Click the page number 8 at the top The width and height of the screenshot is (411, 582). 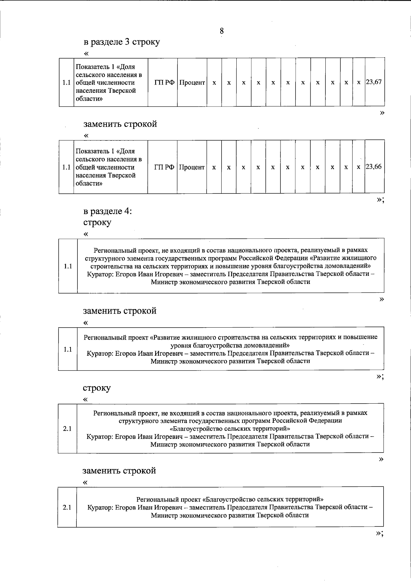pos(222,31)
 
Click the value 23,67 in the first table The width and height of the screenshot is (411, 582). pos(374,83)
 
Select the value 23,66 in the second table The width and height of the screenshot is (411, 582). pos(374,167)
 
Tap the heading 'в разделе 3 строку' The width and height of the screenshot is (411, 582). pos(122,42)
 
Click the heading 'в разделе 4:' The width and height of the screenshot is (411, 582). pos(108,211)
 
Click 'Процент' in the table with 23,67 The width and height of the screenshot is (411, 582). pos(192,83)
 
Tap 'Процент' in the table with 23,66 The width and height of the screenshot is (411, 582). pos(192,167)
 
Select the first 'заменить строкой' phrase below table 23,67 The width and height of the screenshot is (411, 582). pos(120,124)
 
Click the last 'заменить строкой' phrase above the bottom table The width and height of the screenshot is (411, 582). pos(119,470)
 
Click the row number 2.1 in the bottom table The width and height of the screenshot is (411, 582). pos(67,507)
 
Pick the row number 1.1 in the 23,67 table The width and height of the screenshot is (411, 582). pos(66,83)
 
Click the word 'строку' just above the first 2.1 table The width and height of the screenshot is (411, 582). pos(97,388)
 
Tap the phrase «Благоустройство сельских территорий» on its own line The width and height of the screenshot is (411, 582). pos(230,429)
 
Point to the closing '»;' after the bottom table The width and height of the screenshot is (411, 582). pos(379,533)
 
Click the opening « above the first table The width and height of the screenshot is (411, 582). pos(86,53)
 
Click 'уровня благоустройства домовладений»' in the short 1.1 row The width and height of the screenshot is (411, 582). pos(230,345)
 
